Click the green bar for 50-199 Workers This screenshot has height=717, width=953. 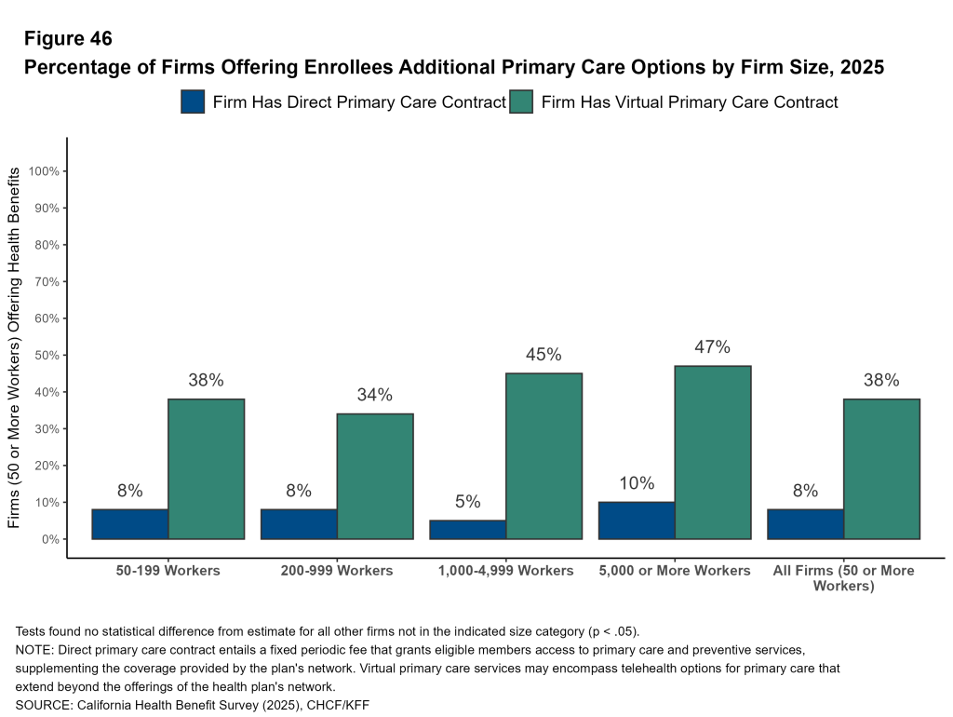[206, 468]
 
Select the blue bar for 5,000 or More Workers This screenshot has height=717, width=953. [637, 521]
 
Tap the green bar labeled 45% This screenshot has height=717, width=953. [544, 455]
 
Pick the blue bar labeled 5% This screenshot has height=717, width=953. [468, 529]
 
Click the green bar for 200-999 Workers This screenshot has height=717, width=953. [375, 476]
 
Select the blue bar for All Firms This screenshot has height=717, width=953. [805, 523]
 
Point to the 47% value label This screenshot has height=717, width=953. [713, 347]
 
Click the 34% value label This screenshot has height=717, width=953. [375, 395]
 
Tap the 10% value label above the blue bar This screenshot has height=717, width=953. [637, 483]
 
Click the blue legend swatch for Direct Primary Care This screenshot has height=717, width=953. [193, 101]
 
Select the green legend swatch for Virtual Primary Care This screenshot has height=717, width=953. [521, 101]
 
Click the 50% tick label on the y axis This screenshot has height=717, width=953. [47, 356]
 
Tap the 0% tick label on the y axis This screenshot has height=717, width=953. [50, 539]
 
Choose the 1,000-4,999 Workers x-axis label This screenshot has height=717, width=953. [505, 570]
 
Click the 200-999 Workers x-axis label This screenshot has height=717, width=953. [337, 570]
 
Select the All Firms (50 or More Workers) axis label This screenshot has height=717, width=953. [843, 577]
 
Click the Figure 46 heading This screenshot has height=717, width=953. [68, 39]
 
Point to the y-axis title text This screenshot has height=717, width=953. [15, 348]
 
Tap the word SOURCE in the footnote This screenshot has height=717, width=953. [43, 705]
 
